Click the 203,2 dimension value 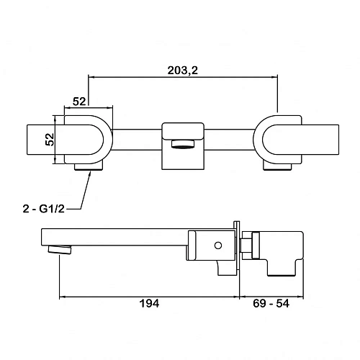tap(183, 71)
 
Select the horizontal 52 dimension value tap(79, 102)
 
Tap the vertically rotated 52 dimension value tap(50, 140)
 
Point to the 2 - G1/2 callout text tap(44, 209)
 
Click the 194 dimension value tap(149, 304)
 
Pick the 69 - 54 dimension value tap(271, 304)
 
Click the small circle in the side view tap(218, 246)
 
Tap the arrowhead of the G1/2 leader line tap(90, 173)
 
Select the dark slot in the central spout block tap(183, 144)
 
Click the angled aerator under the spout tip tap(60, 249)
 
